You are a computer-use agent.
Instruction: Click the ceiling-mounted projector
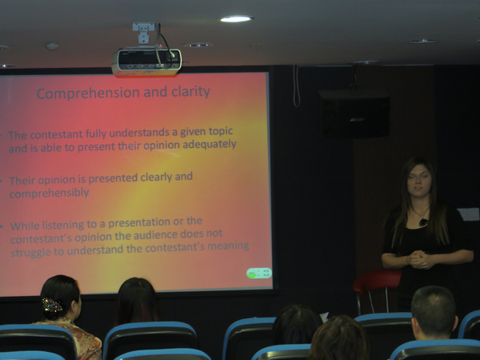(x=146, y=62)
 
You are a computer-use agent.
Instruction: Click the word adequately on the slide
(x=210, y=144)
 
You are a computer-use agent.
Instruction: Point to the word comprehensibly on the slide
(x=50, y=193)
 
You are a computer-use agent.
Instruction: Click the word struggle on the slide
(x=31, y=252)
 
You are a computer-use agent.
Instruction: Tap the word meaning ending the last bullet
(x=228, y=246)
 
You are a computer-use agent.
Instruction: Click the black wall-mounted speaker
(x=354, y=114)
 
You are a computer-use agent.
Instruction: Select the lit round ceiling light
(x=235, y=19)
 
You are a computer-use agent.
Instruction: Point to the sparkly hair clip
(x=52, y=305)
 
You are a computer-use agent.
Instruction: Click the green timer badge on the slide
(x=259, y=273)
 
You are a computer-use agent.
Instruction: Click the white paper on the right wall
(x=468, y=214)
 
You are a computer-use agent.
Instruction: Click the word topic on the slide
(x=221, y=131)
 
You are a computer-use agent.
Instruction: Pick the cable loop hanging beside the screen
(x=296, y=86)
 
